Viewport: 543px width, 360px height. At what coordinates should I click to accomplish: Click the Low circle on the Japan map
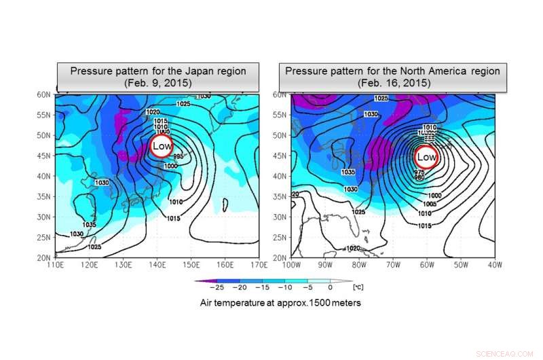point(162,146)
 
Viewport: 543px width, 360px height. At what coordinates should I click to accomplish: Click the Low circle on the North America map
point(426,157)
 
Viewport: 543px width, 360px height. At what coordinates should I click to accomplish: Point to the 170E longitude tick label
point(257,265)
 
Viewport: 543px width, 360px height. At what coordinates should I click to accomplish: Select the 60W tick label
point(427,265)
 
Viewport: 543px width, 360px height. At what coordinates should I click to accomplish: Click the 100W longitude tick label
point(292,265)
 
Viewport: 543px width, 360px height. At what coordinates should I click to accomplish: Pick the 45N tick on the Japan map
point(44,156)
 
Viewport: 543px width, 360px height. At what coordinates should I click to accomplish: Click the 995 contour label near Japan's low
point(179,156)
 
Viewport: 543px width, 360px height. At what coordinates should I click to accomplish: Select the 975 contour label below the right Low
point(421,173)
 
